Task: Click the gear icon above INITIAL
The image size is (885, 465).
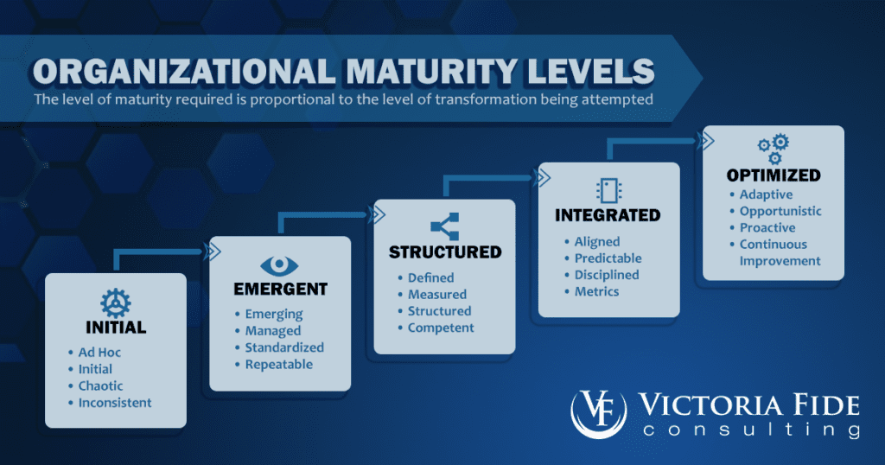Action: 116,302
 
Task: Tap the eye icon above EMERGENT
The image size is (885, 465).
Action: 280,265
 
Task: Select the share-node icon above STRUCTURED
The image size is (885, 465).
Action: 444,227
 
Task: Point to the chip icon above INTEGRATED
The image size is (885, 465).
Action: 608,191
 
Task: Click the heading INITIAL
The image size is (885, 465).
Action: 116,328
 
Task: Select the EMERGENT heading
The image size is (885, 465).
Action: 280,289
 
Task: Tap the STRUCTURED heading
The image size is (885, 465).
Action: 444,252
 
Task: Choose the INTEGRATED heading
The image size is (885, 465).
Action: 608,215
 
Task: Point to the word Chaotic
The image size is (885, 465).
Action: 100,386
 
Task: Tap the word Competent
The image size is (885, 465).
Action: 441,328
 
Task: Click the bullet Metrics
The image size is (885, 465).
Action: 596,291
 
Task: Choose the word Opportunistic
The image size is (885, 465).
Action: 780,211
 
